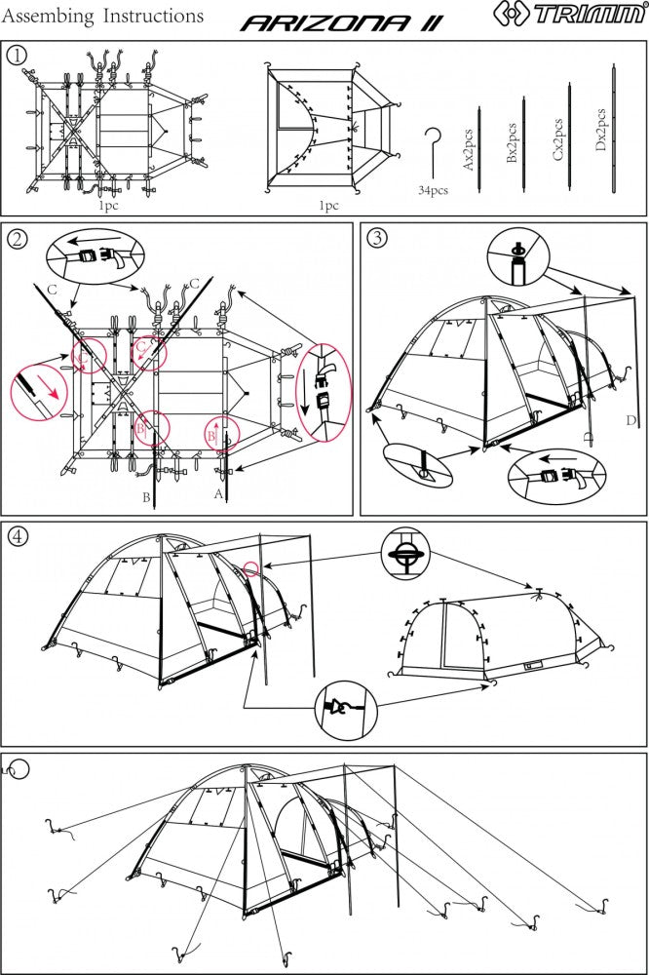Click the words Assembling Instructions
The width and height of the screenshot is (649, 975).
coord(104,17)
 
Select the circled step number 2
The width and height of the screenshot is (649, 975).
coord(17,238)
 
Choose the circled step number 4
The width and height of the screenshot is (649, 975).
coord(17,537)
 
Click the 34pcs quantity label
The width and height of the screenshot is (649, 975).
coord(433,190)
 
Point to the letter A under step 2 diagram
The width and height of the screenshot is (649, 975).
coord(217,494)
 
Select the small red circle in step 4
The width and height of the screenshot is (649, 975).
coord(252,567)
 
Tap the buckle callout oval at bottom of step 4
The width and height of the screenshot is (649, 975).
coord(346,706)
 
